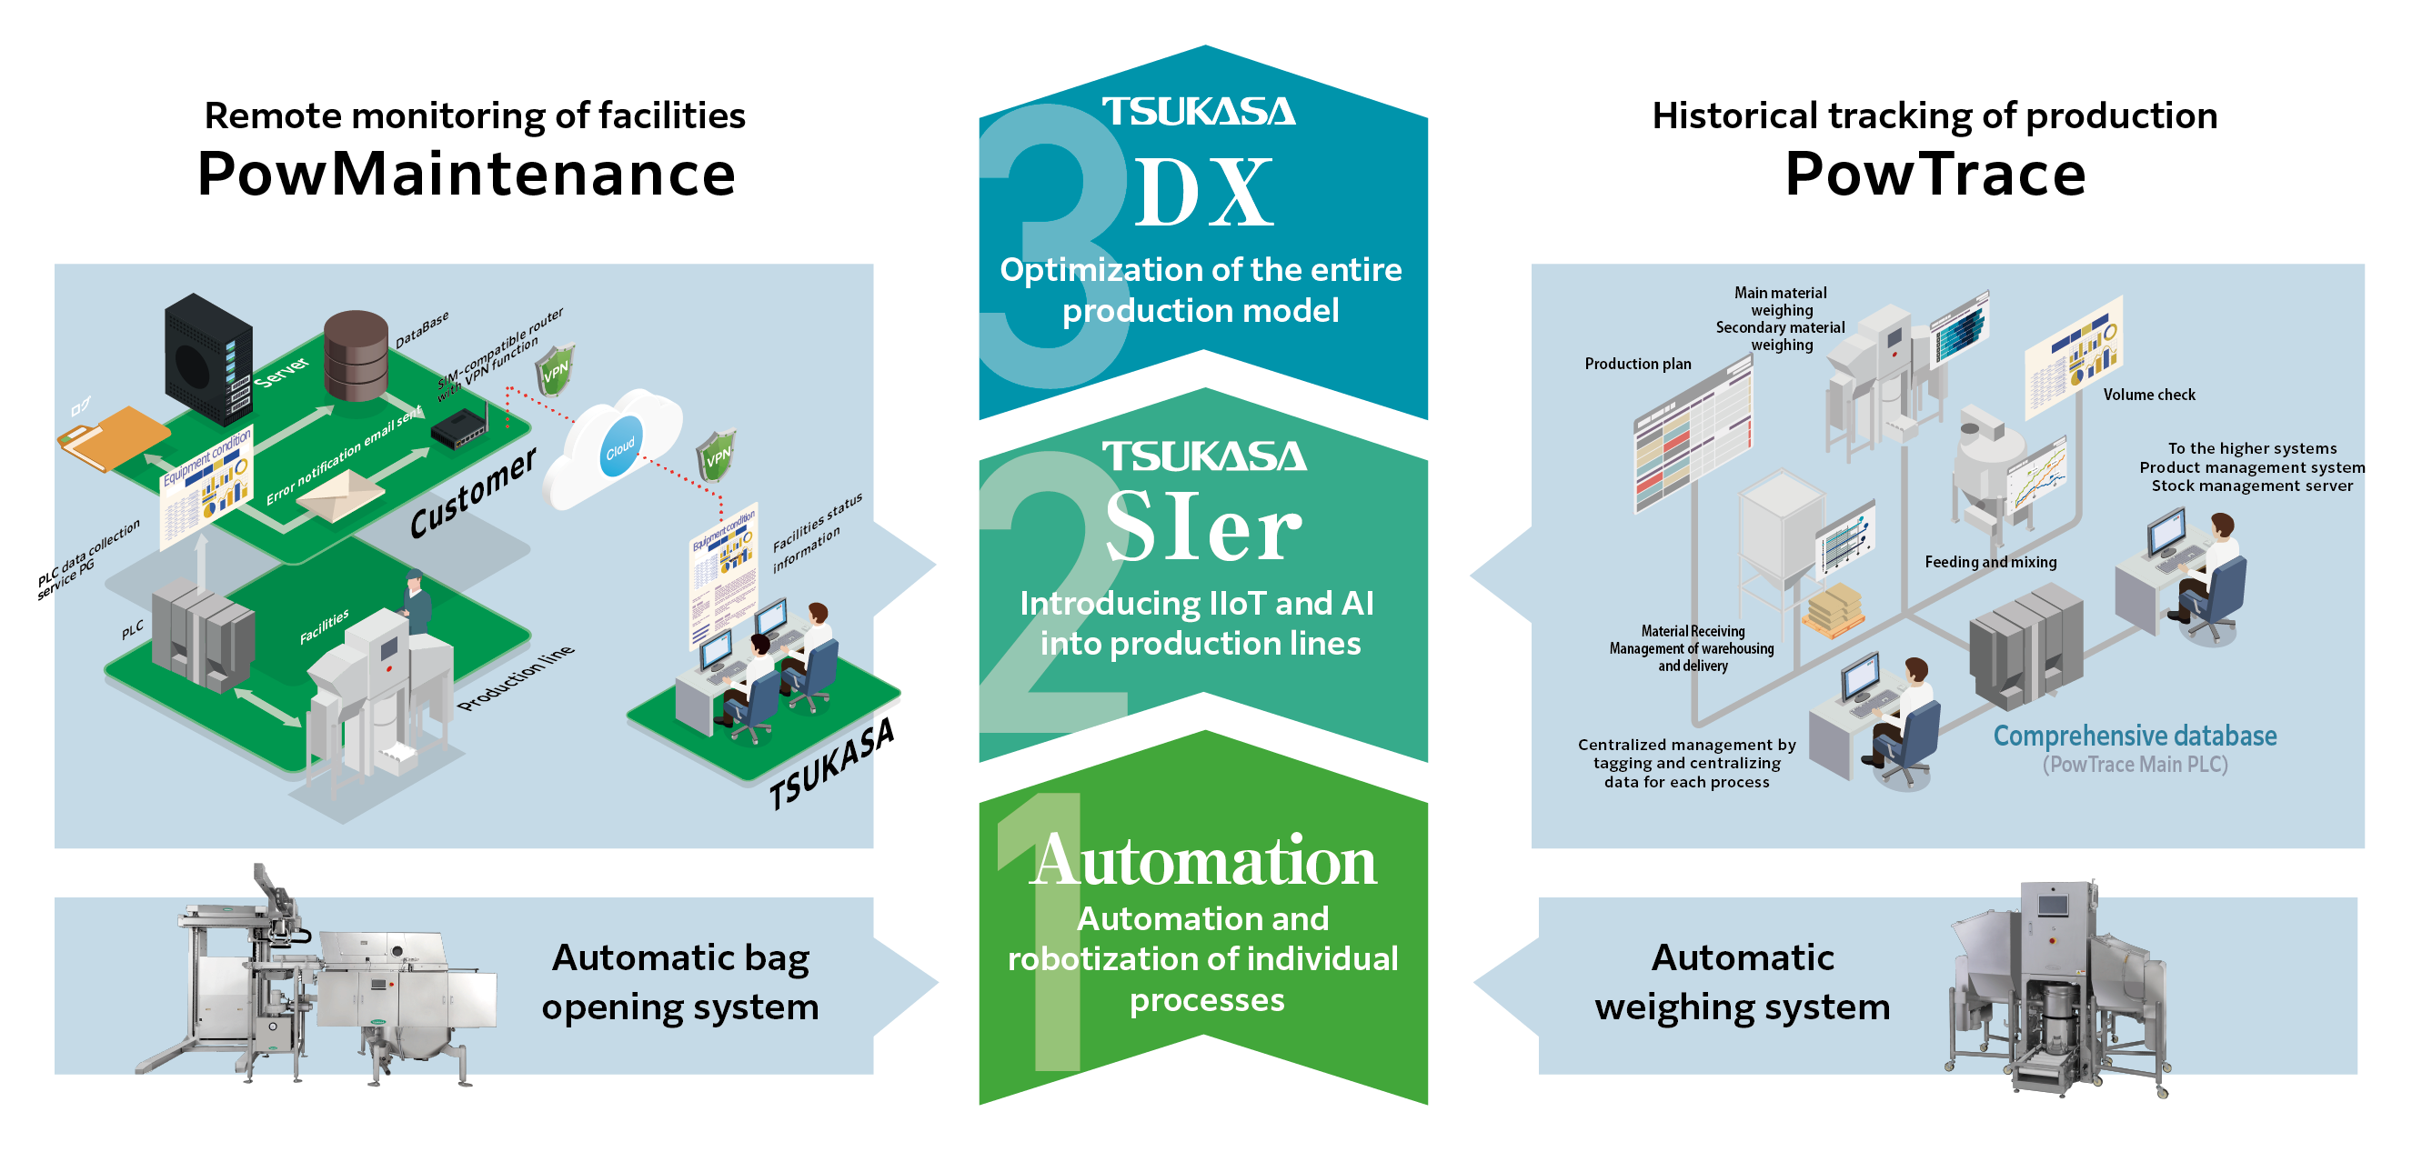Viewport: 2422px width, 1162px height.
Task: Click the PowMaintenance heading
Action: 467,175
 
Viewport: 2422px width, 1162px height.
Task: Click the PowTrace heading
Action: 1935,175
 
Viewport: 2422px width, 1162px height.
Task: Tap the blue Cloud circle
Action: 619,447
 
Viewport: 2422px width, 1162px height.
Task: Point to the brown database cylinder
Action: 356,356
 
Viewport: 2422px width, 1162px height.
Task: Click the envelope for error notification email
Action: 340,495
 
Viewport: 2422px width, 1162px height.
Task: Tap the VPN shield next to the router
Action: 555,369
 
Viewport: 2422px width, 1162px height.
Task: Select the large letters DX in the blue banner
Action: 1204,194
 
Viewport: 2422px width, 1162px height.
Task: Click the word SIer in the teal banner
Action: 1202,528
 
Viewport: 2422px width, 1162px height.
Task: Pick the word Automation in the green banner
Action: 1203,859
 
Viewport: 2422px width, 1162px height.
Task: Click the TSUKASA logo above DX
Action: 1199,112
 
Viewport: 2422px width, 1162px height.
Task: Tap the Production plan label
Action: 1637,364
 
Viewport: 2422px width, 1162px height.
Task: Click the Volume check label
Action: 2148,395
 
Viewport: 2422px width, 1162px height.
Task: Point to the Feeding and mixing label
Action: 1990,562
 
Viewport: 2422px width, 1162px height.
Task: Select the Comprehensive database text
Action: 2135,736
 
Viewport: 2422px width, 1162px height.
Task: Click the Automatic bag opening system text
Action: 679,983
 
